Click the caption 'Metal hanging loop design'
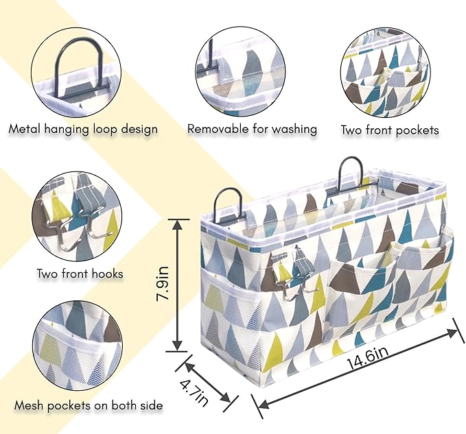pos(83,128)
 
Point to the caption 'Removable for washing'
pos(252,128)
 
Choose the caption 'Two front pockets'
pos(389,130)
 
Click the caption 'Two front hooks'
pos(80,274)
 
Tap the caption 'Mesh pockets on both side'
pos(84,405)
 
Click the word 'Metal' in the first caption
pos(25,128)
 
